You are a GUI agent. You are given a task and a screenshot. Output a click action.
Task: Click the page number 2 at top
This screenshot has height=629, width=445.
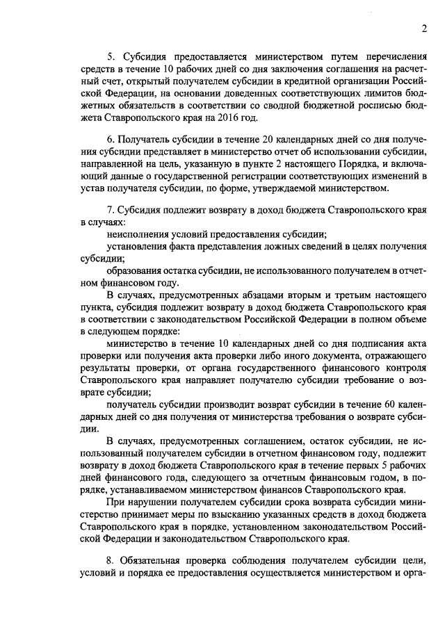(423, 28)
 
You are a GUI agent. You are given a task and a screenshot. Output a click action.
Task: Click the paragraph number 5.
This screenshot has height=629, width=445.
(110, 56)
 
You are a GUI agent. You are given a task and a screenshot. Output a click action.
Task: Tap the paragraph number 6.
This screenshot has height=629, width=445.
(110, 140)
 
